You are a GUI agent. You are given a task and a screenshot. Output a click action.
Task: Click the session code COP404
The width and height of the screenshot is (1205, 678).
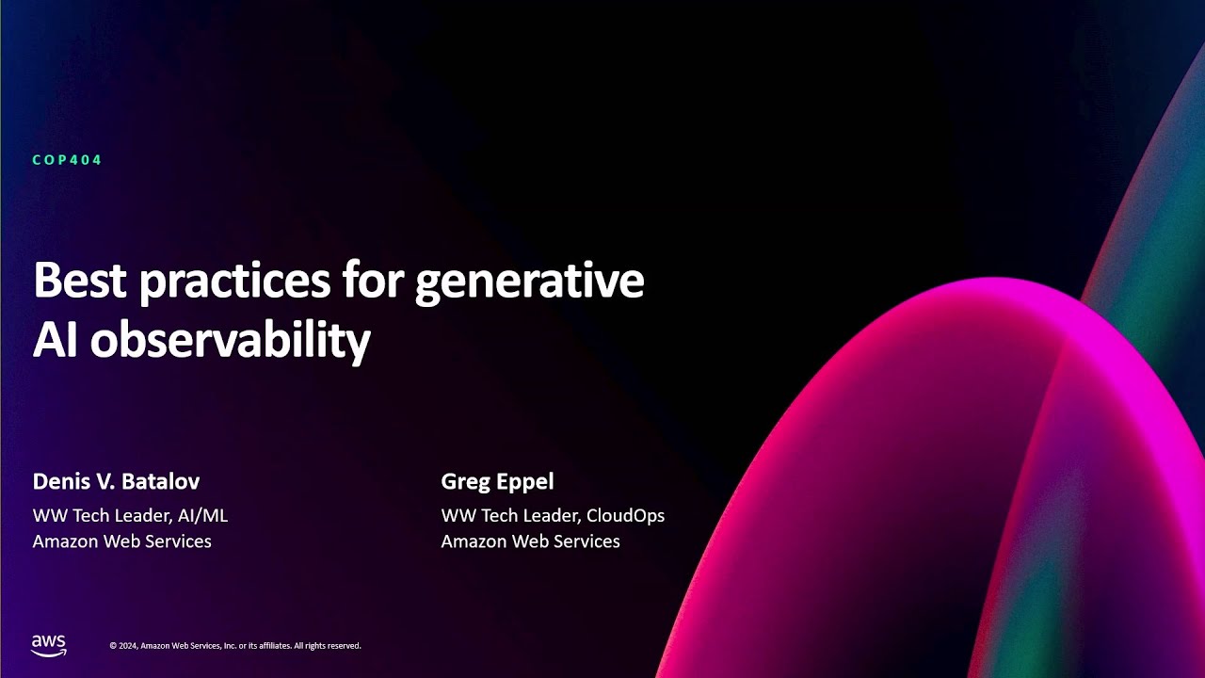pyautogui.click(x=67, y=160)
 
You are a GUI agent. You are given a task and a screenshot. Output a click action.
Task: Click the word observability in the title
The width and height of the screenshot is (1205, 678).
pyautogui.click(x=230, y=341)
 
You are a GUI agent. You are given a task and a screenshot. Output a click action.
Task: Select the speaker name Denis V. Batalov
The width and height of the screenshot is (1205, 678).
pyautogui.click(x=116, y=481)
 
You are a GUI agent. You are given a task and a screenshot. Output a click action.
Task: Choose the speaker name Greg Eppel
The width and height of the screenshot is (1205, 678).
pyautogui.click(x=497, y=481)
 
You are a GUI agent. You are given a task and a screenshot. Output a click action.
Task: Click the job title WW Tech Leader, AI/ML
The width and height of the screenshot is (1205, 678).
pyautogui.click(x=130, y=515)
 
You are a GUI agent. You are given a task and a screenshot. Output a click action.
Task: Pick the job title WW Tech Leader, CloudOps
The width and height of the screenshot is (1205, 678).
pyautogui.click(x=553, y=515)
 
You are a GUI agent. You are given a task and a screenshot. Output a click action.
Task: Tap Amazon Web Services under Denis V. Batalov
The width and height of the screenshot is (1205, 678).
pyautogui.click(x=121, y=541)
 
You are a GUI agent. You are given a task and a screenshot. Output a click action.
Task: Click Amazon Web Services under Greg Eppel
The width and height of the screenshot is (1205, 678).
pyautogui.click(x=530, y=541)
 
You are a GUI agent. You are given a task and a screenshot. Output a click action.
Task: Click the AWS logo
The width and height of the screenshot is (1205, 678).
pyautogui.click(x=49, y=645)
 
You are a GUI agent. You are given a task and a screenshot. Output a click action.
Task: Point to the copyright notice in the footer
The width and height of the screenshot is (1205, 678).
pyautogui.click(x=235, y=646)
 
